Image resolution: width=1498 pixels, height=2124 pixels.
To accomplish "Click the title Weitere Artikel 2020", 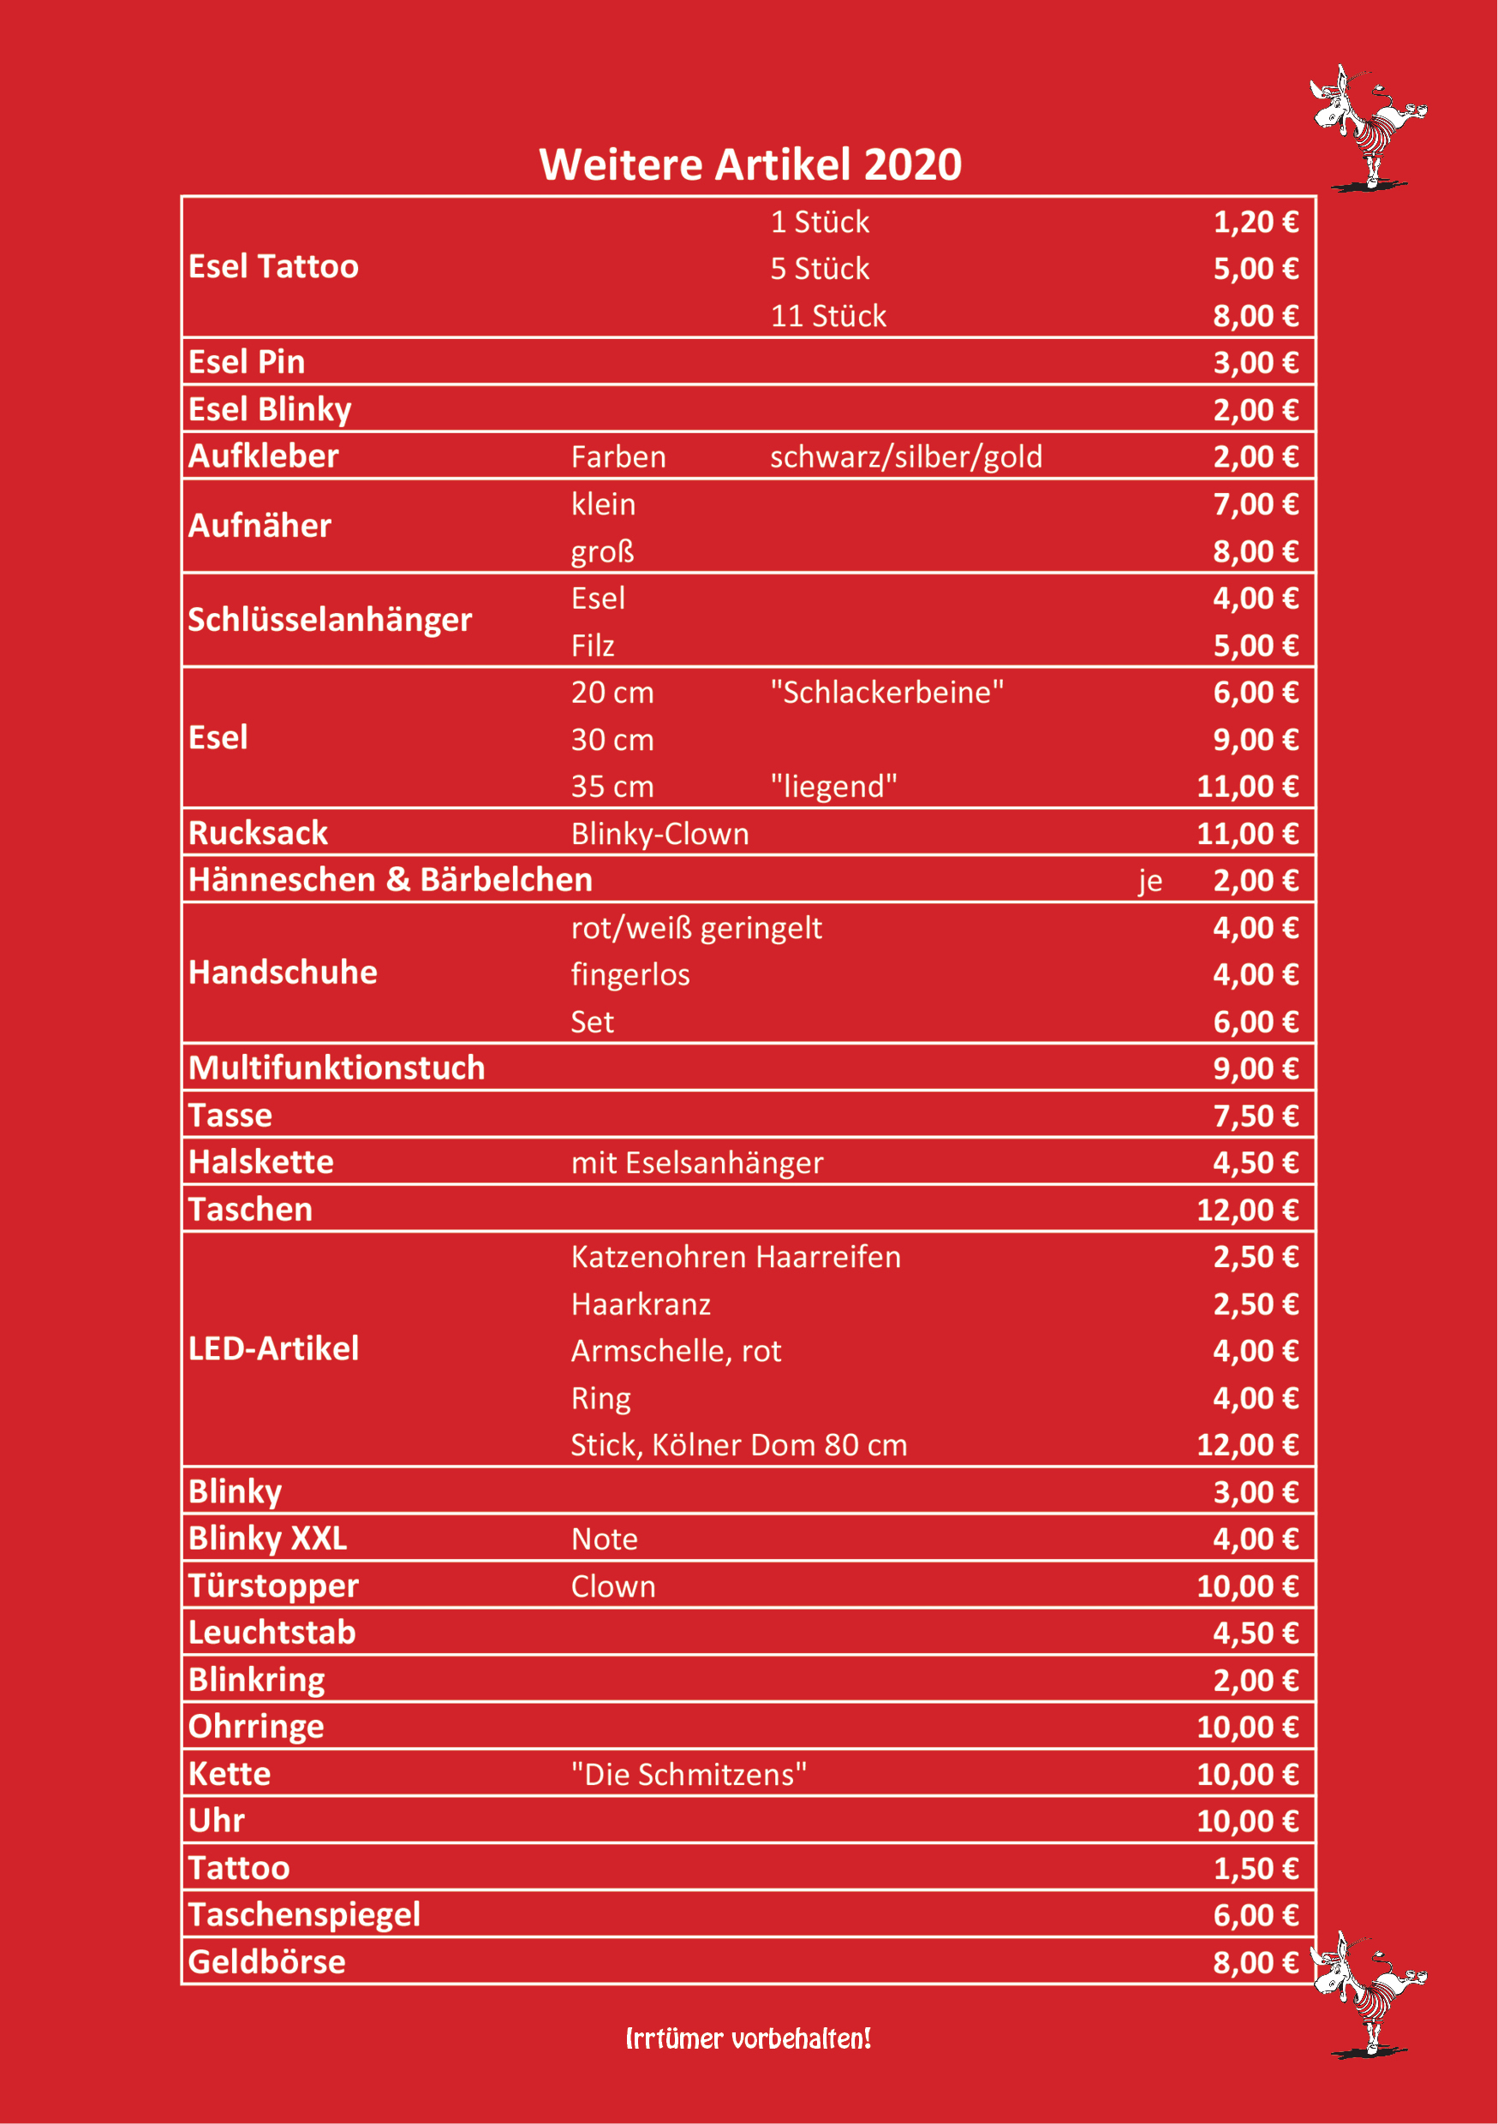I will coord(749,164).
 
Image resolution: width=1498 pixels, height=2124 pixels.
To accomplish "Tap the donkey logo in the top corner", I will coord(1367,127).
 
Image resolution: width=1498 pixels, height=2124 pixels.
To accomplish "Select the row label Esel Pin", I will coord(246,362).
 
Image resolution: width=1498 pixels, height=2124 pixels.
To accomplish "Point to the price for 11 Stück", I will coord(1255,315).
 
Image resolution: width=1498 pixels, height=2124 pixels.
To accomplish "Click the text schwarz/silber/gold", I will coord(905,457).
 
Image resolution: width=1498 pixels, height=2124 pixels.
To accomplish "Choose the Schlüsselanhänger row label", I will coord(330,619).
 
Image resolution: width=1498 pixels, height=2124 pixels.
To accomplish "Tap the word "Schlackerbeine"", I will coord(886,692).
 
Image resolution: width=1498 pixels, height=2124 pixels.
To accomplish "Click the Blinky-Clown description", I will coord(659,834).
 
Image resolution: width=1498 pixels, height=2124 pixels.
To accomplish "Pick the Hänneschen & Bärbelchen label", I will coord(390,880).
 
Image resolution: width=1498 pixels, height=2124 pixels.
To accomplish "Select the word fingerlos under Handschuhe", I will coord(630,974).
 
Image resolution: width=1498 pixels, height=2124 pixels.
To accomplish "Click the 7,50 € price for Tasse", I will coord(1255,1116).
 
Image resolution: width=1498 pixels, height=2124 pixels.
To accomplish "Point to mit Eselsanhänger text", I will coord(696,1163).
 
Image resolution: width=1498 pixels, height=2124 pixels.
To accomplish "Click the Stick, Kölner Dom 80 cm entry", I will coord(738,1445).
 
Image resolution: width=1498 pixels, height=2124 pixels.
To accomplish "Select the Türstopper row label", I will coord(273,1586).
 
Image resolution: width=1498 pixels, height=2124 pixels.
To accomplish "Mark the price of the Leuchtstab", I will coord(1255,1633).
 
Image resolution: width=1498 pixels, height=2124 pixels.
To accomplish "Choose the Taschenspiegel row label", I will coord(303,1914).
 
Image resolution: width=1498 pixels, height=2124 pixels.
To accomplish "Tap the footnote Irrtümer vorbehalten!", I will coord(748,2038).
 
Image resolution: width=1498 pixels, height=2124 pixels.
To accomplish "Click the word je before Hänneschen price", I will coord(1150,881).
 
